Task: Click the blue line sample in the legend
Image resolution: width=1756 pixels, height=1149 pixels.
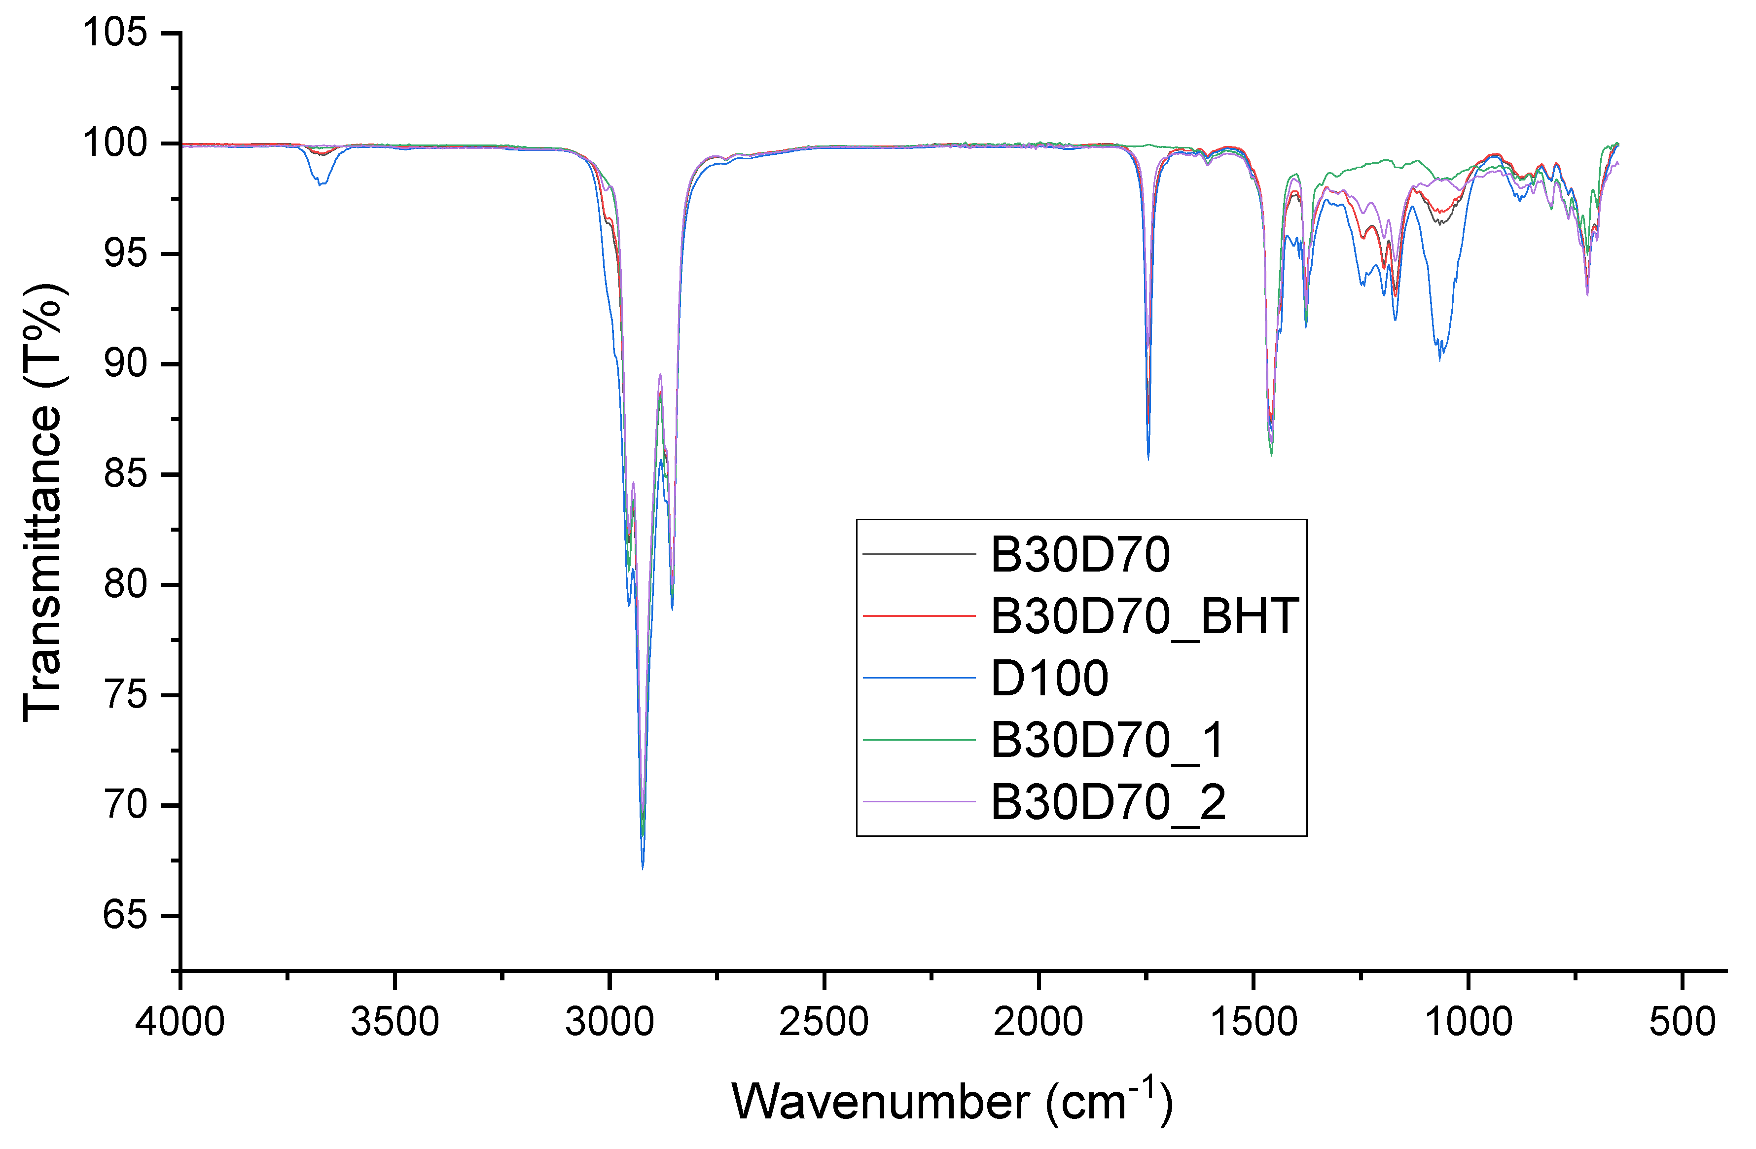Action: coord(919,678)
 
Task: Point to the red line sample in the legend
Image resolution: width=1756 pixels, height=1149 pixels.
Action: coord(919,615)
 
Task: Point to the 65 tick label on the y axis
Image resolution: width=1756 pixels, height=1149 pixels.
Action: coord(125,915)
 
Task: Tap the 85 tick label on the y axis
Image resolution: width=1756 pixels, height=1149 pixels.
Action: coord(125,474)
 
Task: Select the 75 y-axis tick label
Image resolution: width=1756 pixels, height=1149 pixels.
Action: coord(125,695)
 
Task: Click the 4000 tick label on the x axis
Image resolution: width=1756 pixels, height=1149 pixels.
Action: coord(179,1022)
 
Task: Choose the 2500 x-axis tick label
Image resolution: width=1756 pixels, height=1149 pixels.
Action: coord(824,1022)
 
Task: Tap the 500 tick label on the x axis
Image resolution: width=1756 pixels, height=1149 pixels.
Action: coord(1682,1022)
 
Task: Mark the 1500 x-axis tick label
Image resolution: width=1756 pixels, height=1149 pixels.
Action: coord(1253,1022)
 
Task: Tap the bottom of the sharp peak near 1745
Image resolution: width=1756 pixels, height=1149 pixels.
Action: coord(1148,458)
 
